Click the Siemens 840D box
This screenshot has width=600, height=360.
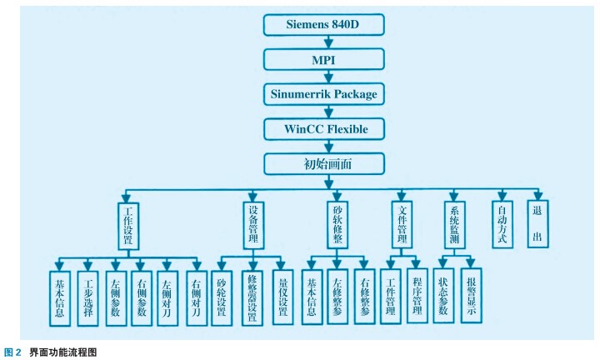322,23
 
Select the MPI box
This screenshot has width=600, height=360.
322,59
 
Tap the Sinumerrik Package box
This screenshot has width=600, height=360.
322,93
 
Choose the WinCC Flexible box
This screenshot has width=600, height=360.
322,128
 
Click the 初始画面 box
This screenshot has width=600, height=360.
322,163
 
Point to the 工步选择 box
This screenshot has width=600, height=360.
87,296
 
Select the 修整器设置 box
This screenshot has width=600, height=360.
252,296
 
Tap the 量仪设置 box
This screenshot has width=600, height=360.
283,296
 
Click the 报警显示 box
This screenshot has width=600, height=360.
472,296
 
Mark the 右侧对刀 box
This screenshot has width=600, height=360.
197,296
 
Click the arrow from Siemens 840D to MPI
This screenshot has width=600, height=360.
322,42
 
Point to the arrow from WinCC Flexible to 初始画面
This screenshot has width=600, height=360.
322,146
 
